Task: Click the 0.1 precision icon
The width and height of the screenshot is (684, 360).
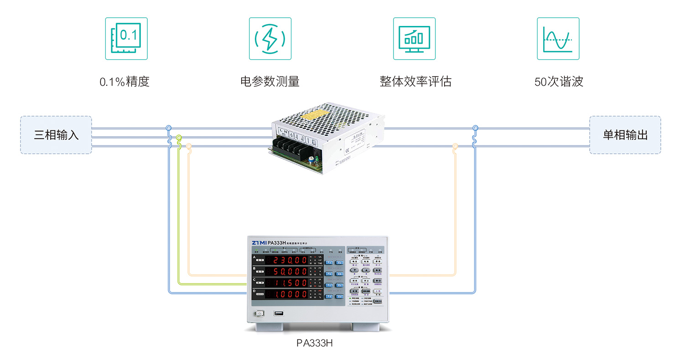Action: (126, 39)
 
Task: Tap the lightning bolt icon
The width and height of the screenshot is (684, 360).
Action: (270, 39)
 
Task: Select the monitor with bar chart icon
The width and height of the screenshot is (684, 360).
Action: (414, 39)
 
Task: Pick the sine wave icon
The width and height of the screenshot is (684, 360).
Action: (558, 39)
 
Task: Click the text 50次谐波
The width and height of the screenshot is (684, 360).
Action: (559, 82)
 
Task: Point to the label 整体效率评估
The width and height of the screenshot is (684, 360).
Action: (415, 82)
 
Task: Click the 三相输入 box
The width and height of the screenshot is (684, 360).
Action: (56, 135)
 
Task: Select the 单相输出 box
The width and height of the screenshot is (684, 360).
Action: (625, 135)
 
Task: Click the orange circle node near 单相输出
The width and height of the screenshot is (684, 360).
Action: (455, 146)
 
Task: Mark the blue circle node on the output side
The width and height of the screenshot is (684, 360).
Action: (475, 128)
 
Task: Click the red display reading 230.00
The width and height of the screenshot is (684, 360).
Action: (287, 260)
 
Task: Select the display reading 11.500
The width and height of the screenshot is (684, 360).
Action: (287, 283)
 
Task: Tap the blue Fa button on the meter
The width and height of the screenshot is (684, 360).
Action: (329, 262)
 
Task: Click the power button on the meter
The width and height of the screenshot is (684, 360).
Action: (260, 314)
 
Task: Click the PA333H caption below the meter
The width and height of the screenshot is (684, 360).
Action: (314, 343)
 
